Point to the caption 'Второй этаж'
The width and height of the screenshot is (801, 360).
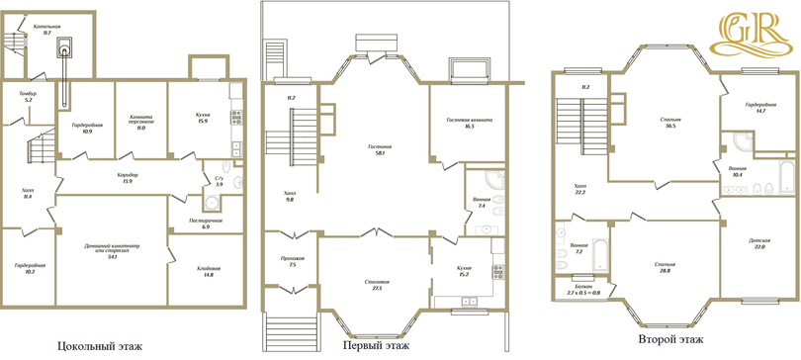pos(671,339)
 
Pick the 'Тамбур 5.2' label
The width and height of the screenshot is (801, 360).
pos(28,97)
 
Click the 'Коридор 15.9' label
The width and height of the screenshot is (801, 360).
pos(127,177)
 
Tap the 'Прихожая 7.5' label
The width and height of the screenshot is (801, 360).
pos(292,262)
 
